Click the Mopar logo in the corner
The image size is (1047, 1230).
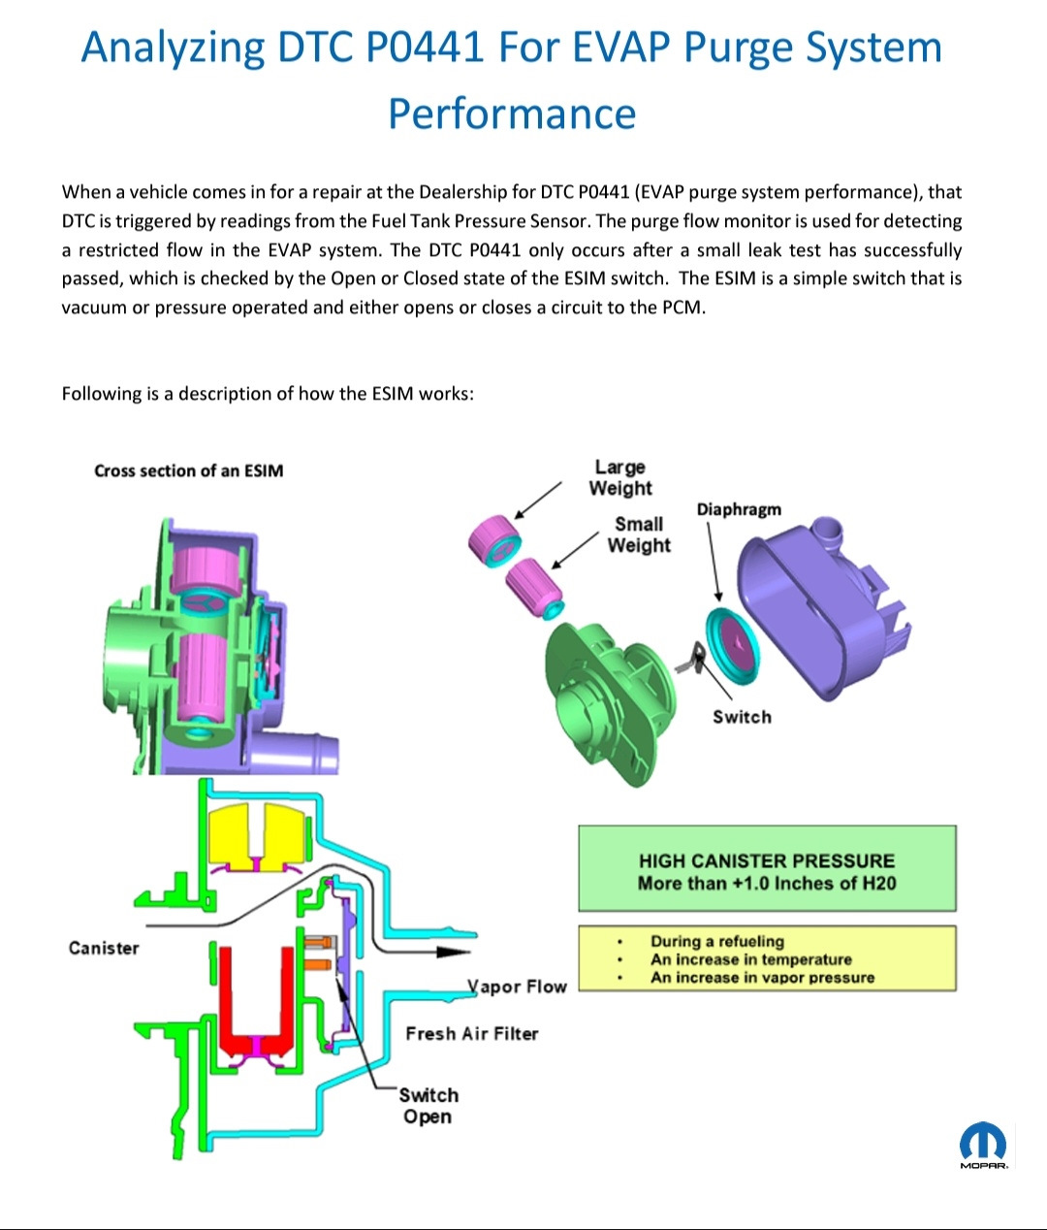tap(983, 1145)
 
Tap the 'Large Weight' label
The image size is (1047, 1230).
tap(620, 478)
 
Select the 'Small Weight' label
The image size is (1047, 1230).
tap(639, 534)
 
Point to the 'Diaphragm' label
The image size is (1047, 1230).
tap(738, 509)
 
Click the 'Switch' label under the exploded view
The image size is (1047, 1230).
tap(742, 717)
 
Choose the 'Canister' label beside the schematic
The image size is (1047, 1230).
tap(104, 948)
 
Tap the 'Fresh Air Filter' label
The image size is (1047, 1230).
tap(471, 1033)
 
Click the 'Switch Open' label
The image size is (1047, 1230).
tap(428, 1106)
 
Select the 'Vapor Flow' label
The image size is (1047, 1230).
tap(518, 987)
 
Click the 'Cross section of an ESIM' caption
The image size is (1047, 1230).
tap(189, 470)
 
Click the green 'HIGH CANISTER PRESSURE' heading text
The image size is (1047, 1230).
tap(766, 860)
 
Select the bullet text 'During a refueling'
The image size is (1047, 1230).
tap(717, 941)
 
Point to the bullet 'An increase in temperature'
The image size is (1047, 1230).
tap(750, 959)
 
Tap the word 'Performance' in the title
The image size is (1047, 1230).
tap(512, 113)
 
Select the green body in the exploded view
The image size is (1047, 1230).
tap(601, 698)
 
